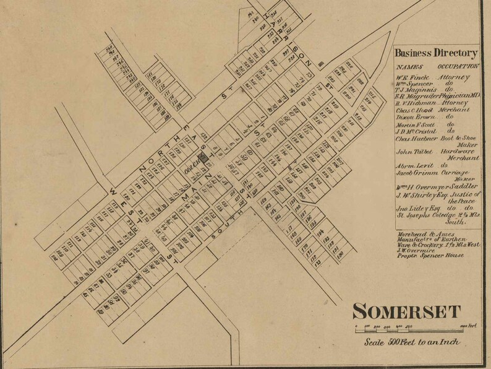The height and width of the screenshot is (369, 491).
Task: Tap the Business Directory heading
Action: coord(437,53)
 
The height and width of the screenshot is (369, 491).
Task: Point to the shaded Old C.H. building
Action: coord(203,158)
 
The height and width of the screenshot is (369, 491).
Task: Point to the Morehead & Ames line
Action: coord(426,236)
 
